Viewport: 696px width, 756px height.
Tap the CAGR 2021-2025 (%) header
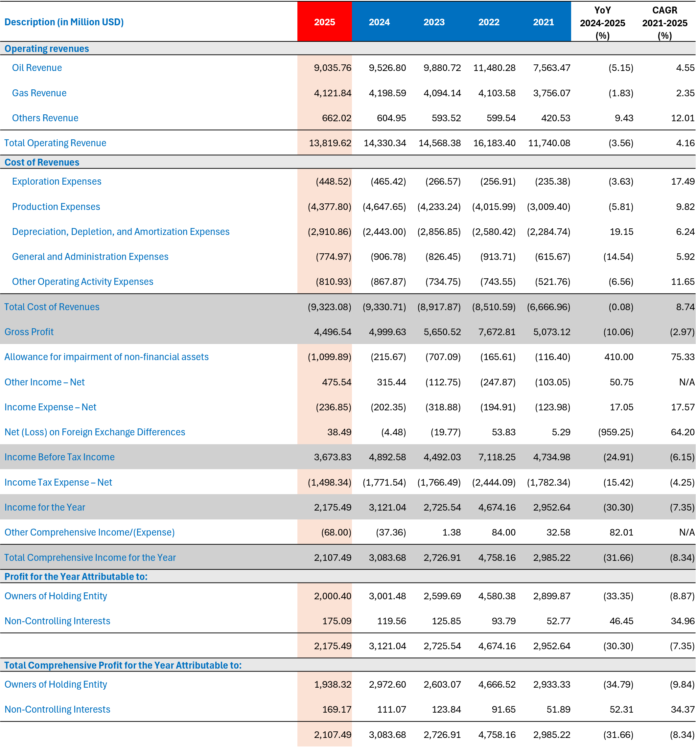click(x=665, y=23)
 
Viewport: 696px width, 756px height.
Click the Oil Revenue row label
click(x=37, y=68)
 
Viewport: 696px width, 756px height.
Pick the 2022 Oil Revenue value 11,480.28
click(x=494, y=68)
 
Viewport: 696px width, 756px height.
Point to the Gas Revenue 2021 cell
click(x=551, y=93)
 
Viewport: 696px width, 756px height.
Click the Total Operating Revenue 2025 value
click(x=330, y=143)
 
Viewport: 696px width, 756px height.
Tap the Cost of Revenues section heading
click(x=42, y=162)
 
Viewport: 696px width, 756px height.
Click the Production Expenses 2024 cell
click(x=384, y=207)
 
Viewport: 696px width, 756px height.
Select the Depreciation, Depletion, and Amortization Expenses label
click(x=121, y=232)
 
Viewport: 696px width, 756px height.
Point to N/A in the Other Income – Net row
click(x=686, y=382)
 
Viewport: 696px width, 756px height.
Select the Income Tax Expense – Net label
click(x=58, y=482)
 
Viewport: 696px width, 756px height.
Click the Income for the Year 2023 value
click(x=442, y=507)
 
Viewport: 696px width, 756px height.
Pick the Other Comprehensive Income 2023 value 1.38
click(x=452, y=532)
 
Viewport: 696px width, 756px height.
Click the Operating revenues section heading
click(x=47, y=49)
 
